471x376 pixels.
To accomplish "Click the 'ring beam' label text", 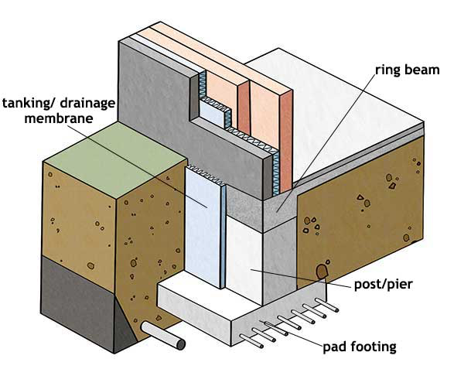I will (x=408, y=70).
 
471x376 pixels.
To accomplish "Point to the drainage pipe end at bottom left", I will (x=177, y=341).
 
